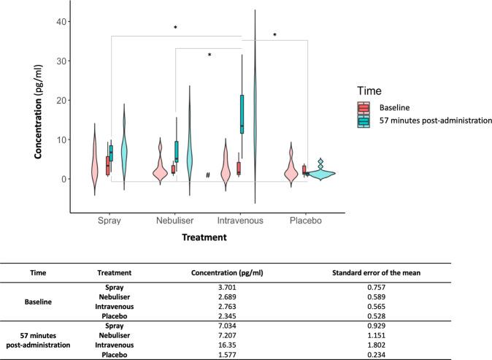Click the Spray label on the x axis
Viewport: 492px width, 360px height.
click(111, 220)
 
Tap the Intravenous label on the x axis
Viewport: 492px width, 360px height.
click(241, 220)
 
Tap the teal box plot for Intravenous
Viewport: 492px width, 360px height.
click(242, 113)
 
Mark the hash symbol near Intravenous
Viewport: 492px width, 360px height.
click(208, 175)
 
